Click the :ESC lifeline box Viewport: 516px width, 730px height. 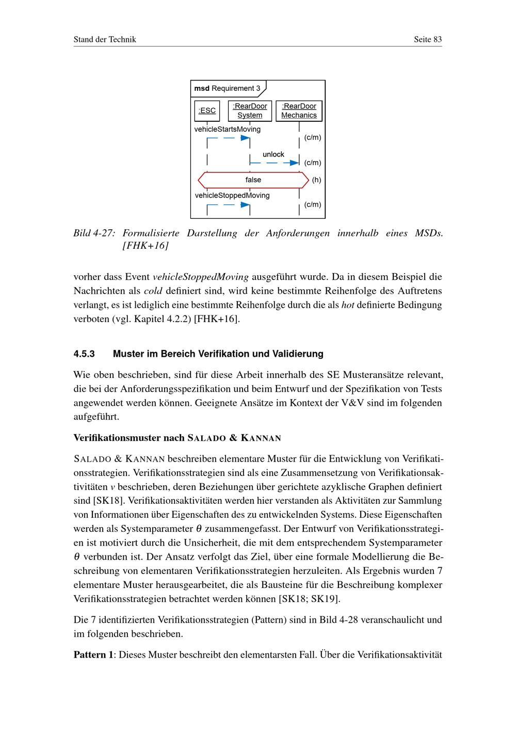tap(207, 110)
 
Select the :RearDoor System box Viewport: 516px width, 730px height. tap(250, 110)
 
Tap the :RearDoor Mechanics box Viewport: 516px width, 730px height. tap(299, 110)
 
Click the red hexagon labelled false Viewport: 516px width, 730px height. tap(253, 180)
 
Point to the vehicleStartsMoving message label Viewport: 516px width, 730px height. tap(227, 129)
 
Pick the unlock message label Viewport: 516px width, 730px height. tap(273, 154)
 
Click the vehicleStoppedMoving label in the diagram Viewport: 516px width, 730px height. tap(232, 195)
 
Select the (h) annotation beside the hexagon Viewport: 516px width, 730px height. tap(316, 180)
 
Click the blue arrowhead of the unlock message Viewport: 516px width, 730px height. tap(295, 163)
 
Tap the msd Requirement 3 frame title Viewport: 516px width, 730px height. tap(228, 88)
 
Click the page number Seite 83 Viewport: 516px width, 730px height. tap(428, 39)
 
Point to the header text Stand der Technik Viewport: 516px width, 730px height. tap(105, 39)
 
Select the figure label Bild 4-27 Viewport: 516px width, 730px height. tap(93, 233)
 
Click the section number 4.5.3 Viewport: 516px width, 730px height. tap(84, 354)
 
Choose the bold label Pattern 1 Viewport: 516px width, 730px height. tap(93, 655)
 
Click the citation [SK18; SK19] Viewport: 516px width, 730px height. tap(309, 599)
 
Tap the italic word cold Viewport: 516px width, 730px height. tap(153, 291)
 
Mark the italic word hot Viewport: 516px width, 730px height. tap(348, 305)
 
